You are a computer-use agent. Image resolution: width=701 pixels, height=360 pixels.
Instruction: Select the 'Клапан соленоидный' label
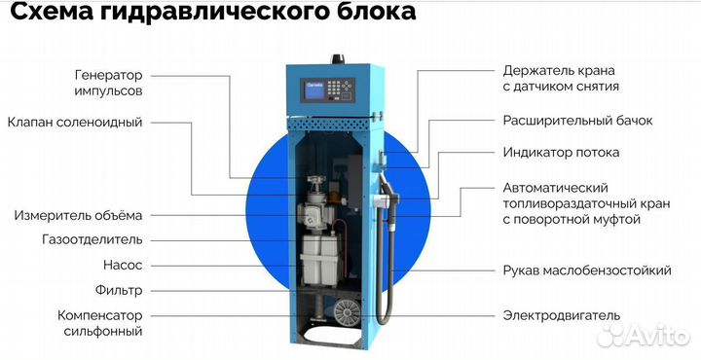(75, 123)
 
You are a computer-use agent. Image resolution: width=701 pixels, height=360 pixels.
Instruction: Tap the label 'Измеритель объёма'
(78, 215)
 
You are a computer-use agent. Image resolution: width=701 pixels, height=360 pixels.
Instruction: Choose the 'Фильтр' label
(119, 290)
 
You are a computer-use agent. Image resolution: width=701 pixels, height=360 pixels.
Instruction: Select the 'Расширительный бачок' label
(577, 122)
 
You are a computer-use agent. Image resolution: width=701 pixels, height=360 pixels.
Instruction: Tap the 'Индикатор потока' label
(561, 153)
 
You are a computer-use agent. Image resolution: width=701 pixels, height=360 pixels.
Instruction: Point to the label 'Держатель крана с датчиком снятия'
(565, 79)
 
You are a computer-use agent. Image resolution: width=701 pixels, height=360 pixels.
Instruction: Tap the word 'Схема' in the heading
(49, 14)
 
